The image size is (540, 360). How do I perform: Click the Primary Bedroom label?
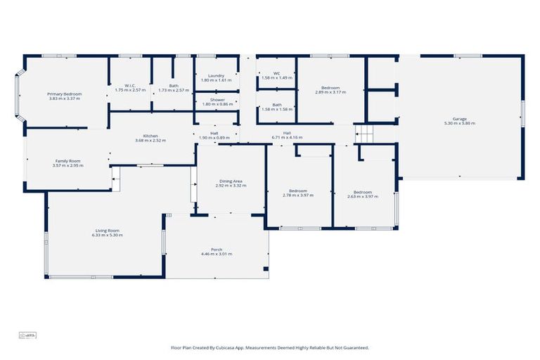[65, 94]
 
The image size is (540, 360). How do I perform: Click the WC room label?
[276, 73]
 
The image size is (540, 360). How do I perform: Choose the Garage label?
[460, 119]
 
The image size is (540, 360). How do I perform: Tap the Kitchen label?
[150, 136]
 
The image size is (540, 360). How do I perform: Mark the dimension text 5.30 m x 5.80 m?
[460, 124]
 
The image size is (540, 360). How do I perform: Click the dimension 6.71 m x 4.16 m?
[287, 137]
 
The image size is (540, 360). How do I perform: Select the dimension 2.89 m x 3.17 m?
[330, 92]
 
